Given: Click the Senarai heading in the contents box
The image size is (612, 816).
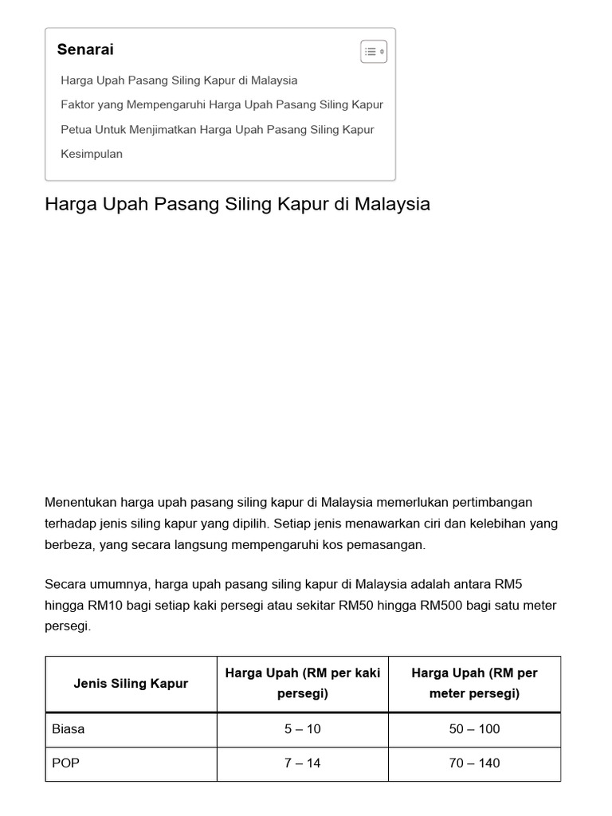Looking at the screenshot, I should (x=85, y=49).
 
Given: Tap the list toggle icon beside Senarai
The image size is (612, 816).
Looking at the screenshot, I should (x=374, y=52).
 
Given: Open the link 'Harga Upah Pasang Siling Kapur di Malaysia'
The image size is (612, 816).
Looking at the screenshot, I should (x=179, y=80).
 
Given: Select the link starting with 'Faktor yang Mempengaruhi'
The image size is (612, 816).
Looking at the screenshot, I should (x=222, y=104).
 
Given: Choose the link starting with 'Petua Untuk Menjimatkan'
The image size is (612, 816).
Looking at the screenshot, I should (x=218, y=129).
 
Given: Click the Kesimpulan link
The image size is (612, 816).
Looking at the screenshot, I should (x=92, y=154).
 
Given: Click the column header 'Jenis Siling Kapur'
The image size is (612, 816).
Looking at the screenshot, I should (x=131, y=684).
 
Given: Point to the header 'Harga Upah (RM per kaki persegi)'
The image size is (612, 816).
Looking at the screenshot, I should (x=303, y=683).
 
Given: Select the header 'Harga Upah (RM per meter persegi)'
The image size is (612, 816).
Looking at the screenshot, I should (x=474, y=683).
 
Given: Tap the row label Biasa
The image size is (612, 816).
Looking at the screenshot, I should (x=69, y=729).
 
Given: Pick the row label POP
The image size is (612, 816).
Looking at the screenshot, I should (x=65, y=763).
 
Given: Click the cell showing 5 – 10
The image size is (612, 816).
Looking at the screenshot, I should (x=303, y=729).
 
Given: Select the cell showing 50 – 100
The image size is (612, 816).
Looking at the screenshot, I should (x=474, y=729).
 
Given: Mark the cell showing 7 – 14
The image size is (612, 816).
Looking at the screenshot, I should (x=303, y=763).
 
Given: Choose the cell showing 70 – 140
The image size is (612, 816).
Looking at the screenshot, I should (x=474, y=763).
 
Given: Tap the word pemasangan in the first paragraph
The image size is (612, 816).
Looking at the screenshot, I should (x=386, y=545).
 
